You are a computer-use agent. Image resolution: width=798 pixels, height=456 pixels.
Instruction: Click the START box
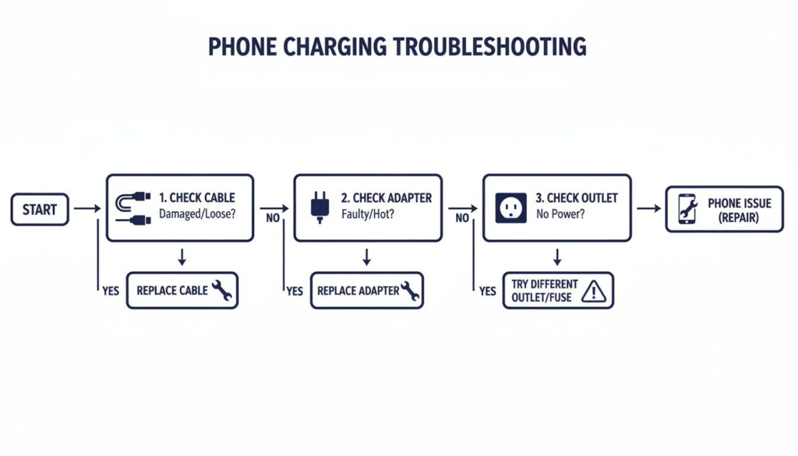point(40,209)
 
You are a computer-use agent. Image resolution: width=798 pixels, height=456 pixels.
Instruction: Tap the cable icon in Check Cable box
point(132,208)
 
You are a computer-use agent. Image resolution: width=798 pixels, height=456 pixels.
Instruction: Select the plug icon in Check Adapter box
point(320,207)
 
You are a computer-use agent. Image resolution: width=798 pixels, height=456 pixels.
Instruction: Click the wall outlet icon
point(511,207)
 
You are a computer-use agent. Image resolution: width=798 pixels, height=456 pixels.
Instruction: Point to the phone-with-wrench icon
point(687,209)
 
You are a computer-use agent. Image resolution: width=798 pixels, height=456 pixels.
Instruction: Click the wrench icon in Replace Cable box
point(221,290)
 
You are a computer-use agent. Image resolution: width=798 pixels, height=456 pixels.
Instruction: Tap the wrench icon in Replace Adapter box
point(410,291)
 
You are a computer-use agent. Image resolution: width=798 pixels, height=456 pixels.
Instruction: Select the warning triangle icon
point(593,291)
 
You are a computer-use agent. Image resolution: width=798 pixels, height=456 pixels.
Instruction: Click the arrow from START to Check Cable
point(87,208)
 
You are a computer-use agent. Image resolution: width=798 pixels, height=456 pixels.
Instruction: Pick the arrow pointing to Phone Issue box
point(649,208)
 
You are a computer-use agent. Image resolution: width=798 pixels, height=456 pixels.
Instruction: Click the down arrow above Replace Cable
point(182,257)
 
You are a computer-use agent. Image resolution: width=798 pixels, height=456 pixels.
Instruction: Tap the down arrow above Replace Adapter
point(366,257)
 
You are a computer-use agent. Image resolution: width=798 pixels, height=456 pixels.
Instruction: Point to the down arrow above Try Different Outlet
point(557,257)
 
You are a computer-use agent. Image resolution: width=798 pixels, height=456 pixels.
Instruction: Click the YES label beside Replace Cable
point(111,291)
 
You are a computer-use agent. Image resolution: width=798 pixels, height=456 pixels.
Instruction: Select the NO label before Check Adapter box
point(273,217)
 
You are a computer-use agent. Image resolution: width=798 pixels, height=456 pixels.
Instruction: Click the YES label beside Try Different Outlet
point(488,291)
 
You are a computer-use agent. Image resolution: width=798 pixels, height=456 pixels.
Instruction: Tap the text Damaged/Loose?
point(197,214)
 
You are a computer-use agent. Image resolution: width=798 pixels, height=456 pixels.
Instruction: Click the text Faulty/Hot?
point(368,214)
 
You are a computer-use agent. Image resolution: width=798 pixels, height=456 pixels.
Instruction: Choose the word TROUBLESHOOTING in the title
point(489,46)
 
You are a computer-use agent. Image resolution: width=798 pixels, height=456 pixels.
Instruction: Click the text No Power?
point(560,214)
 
